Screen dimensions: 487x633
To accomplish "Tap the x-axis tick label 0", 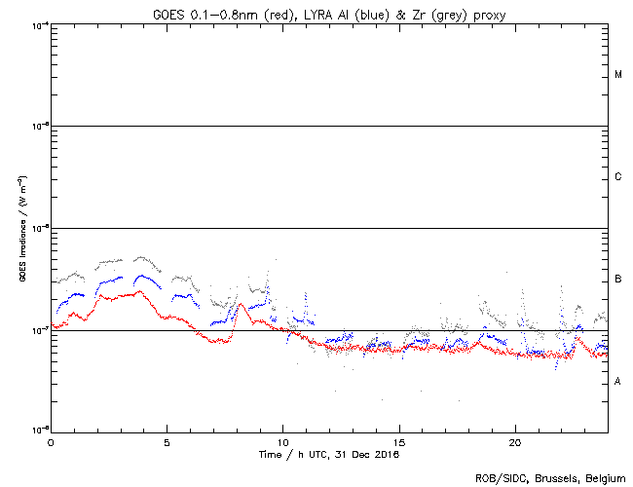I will pos(51,440).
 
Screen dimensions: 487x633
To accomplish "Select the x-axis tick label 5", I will pos(167,440).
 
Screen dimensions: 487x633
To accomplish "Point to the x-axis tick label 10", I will pos(282,440).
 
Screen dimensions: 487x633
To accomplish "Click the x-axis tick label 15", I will pos(399,440).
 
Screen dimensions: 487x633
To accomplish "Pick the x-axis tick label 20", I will pos(515,440).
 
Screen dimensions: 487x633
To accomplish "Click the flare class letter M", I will pos(617,75).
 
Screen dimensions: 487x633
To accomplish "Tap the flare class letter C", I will pos(617,177).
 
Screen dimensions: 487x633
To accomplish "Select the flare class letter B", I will pos(617,280).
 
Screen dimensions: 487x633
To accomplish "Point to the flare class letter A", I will pos(617,381).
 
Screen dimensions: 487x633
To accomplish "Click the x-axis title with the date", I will pos(328,454).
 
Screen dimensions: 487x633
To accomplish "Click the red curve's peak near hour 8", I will pos(240,305).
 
